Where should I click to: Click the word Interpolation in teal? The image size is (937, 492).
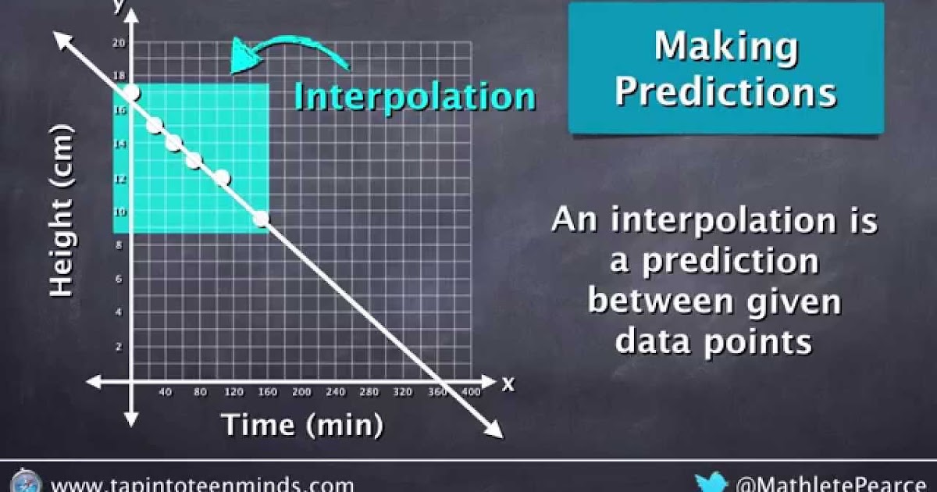point(414,97)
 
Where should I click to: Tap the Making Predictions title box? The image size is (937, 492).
point(725,69)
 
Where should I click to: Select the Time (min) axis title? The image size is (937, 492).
point(303,426)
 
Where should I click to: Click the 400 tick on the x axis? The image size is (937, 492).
point(471,392)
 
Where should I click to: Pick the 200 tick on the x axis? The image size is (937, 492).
point(301,392)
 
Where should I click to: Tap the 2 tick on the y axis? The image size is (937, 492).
point(119,347)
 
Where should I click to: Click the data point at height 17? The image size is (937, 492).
point(131,93)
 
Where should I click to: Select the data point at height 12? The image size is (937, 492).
point(222,177)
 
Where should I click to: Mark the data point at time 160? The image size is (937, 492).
point(261,219)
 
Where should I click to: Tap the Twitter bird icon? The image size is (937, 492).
point(711,483)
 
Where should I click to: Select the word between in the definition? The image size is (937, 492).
point(661,302)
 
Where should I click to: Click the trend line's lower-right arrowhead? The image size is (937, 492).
point(494,429)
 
